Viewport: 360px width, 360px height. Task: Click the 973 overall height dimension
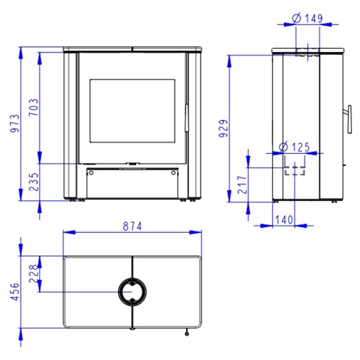point(16,123)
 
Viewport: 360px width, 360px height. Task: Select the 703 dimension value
point(34,107)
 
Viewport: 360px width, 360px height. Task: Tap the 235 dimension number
point(34,182)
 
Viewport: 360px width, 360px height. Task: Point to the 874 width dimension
point(132,226)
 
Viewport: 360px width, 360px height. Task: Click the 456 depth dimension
point(15,292)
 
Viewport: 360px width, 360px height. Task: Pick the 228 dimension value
point(33,274)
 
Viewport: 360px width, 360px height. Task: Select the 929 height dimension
point(223,128)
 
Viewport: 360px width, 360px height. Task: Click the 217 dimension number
point(242,185)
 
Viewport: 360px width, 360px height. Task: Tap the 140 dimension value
point(284,219)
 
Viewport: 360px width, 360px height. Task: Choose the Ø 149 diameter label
point(308,18)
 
